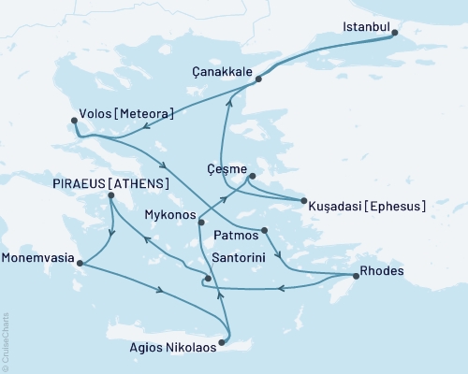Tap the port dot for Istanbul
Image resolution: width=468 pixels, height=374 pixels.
pyautogui.click(x=394, y=35)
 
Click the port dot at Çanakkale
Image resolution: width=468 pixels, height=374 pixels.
pyautogui.click(x=258, y=79)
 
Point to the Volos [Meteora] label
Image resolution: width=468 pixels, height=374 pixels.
pyautogui.click(x=132, y=114)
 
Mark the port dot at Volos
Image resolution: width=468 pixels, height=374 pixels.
pyautogui.click(x=75, y=119)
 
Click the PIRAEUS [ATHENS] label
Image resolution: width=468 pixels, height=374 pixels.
pyautogui.click(x=117, y=183)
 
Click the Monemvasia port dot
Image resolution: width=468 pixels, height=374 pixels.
pyautogui.click(x=80, y=263)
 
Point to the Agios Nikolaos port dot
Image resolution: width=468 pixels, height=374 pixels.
pyautogui.click(x=222, y=341)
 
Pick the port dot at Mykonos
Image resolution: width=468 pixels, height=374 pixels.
pyautogui.click(x=200, y=222)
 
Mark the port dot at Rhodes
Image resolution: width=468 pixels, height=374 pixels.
pyautogui.click(x=355, y=276)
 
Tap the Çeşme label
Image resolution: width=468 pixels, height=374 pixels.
pyautogui.click(x=227, y=171)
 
